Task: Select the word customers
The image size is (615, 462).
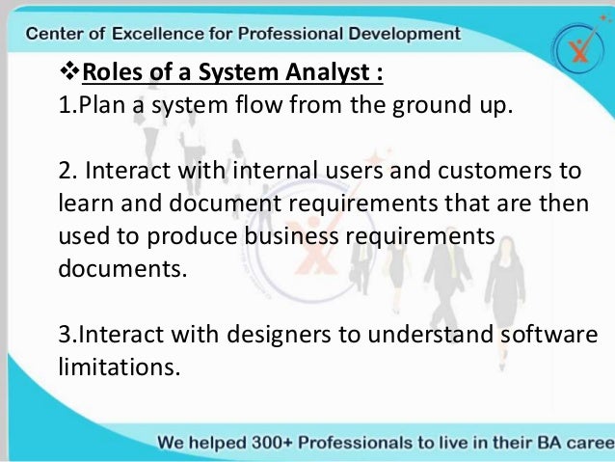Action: click(500, 172)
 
